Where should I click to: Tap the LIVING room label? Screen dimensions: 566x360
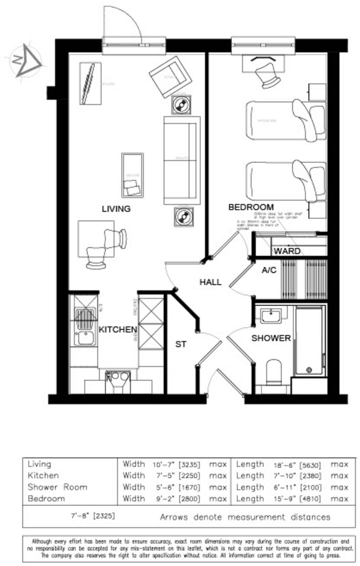click(x=116, y=209)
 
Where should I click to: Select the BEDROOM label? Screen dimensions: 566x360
click(x=251, y=207)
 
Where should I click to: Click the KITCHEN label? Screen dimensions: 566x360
click(x=118, y=330)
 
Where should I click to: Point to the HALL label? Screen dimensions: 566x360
click(x=210, y=282)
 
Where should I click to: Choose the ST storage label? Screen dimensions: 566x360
click(x=181, y=344)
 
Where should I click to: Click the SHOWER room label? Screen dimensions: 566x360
click(x=271, y=338)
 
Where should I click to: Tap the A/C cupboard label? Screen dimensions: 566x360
click(x=269, y=270)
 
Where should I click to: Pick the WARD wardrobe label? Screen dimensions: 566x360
click(x=287, y=251)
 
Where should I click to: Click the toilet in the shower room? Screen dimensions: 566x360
click(x=274, y=372)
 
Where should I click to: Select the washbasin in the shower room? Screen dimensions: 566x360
click(x=270, y=316)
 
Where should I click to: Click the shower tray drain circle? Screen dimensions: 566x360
click(x=309, y=370)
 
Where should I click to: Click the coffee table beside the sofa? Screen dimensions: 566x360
click(x=132, y=175)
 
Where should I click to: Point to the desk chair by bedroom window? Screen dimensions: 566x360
click(x=268, y=74)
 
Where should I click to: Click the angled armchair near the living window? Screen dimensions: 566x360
click(x=170, y=77)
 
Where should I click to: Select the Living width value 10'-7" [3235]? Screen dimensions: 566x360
click(x=176, y=465)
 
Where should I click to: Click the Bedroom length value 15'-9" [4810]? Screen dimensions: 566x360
click(x=297, y=499)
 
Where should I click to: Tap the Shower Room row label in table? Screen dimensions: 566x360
click(x=57, y=487)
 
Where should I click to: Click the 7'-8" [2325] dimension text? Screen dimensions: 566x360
click(x=93, y=516)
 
